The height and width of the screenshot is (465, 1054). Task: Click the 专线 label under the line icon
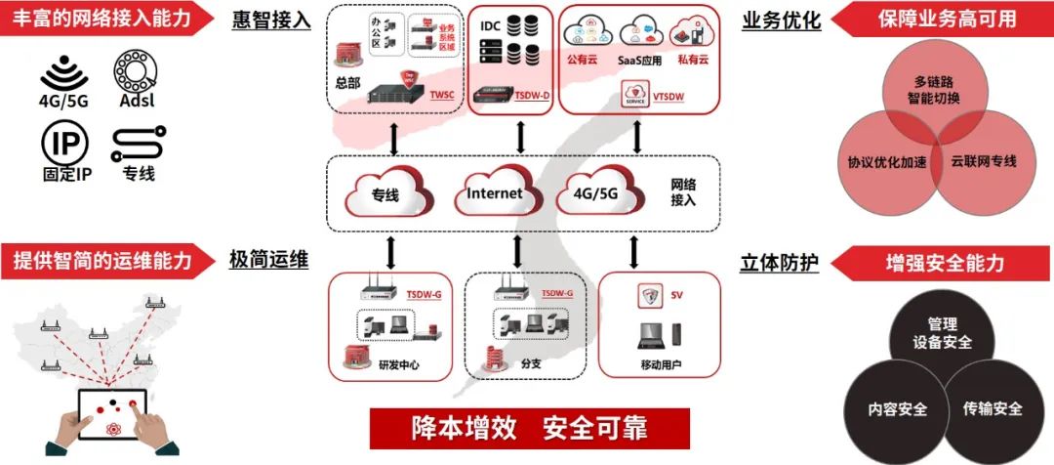138,175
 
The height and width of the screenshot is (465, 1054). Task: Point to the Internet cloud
495,193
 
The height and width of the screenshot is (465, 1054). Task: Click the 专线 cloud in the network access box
385,195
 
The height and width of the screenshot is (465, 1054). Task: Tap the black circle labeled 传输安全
992,408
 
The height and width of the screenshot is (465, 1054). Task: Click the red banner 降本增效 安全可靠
529,428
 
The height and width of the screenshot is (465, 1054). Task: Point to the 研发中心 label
399,367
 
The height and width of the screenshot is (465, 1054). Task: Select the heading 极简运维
269,260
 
